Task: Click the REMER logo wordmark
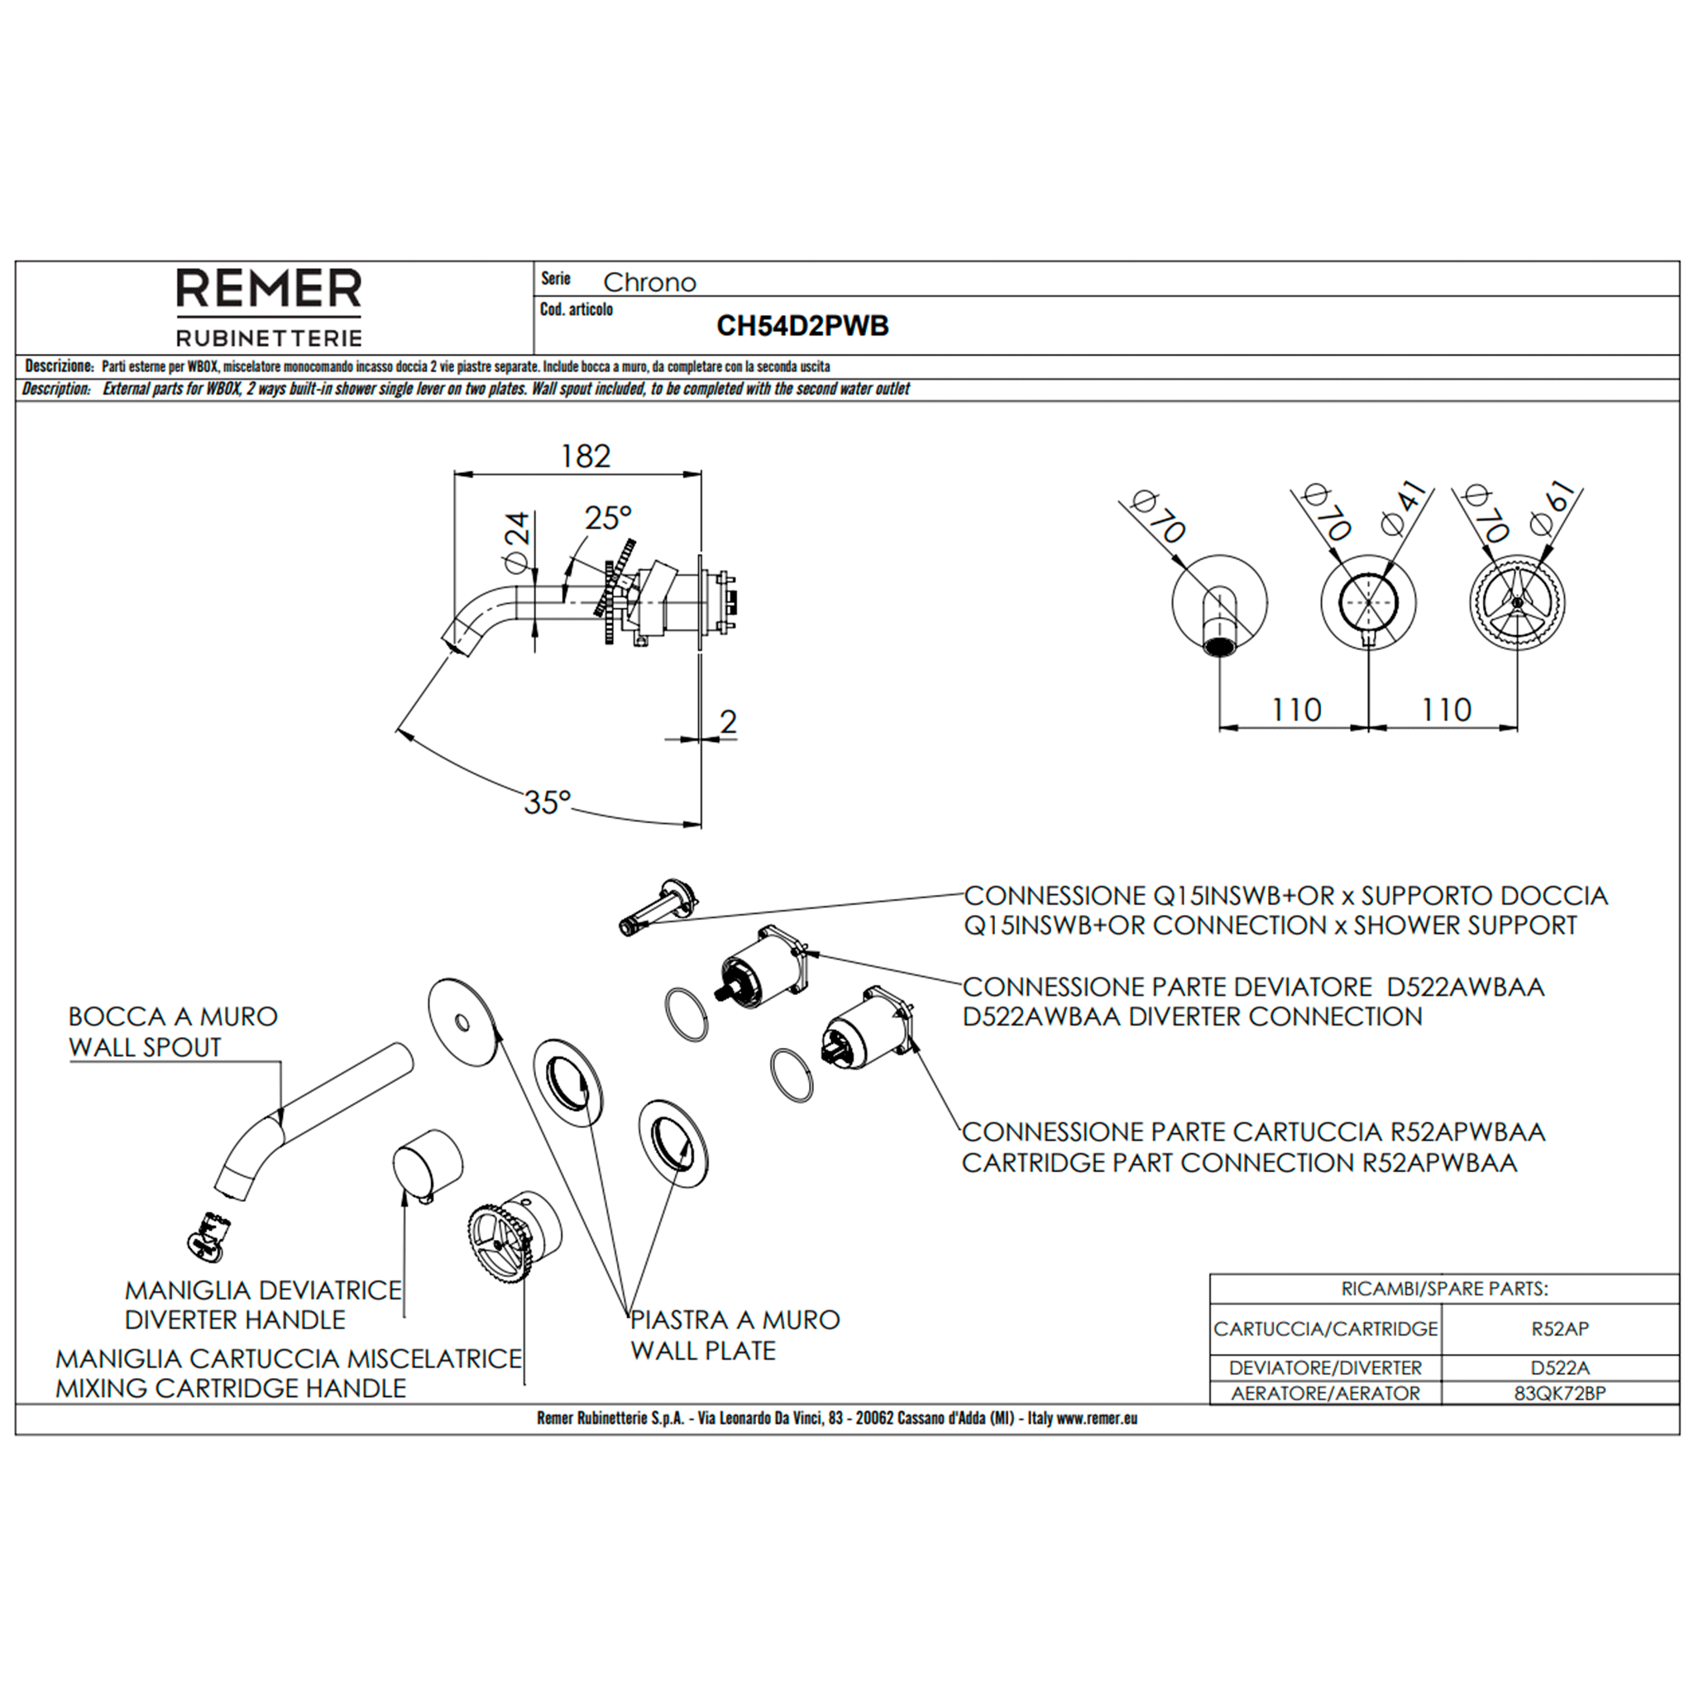(268, 289)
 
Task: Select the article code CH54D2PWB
(802, 326)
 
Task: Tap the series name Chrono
(648, 282)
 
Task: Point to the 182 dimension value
(585, 456)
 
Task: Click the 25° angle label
(608, 518)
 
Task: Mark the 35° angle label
(547, 802)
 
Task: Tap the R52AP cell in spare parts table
(1559, 1328)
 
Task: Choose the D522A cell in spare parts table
(1559, 1367)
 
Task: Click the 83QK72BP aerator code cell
(1559, 1393)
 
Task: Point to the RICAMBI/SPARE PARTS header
(1444, 1289)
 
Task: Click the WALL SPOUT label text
(145, 1047)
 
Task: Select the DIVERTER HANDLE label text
(235, 1319)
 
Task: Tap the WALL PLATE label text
(702, 1350)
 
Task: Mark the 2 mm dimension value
(728, 721)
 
